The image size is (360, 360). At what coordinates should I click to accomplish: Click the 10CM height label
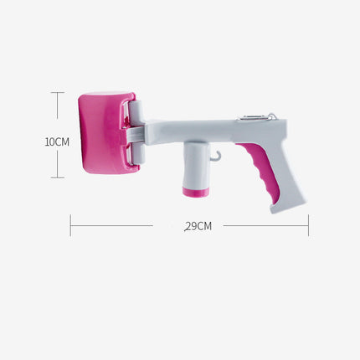tap(56, 141)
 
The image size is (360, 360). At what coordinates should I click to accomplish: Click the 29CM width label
tap(198, 225)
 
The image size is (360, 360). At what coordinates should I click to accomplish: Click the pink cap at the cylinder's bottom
tap(195, 192)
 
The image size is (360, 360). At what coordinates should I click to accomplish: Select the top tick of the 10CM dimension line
tap(57, 93)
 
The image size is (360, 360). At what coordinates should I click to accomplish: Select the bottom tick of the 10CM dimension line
tap(57, 177)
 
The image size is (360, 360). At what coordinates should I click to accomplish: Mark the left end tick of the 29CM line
tap(70, 224)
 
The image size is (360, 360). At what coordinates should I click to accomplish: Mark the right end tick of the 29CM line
tap(308, 224)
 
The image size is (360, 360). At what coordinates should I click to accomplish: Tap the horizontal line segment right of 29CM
tap(264, 224)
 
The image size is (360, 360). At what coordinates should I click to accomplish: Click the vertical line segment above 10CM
tap(57, 113)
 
